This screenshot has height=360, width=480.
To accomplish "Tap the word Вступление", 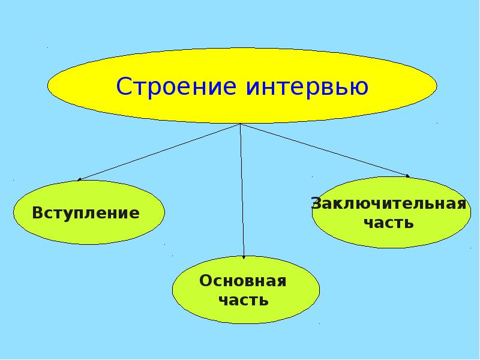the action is coord(86,213).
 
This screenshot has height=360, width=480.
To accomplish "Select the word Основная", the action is coord(243,281).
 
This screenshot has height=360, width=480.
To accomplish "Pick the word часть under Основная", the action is coord(243,300).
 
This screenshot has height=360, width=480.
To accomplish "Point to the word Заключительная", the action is coord(389,203).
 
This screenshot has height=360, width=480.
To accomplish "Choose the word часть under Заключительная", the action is coord(389,223).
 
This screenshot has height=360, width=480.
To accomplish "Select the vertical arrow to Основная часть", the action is coord(242,192).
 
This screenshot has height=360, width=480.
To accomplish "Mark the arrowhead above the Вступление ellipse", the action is coord(80,179).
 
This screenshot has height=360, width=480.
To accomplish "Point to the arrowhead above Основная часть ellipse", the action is coord(244,256).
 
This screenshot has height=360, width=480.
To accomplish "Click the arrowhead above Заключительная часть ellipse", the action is coord(407,176).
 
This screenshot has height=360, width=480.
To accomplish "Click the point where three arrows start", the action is coord(241,125).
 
